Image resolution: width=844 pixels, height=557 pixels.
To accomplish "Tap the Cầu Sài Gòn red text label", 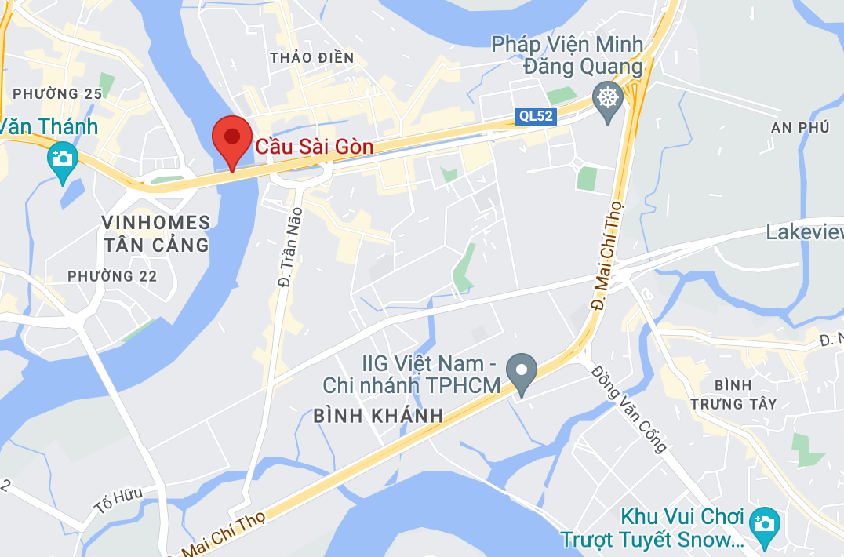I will pyautogui.click(x=315, y=147).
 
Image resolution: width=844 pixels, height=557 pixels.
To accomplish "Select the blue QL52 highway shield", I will pyautogui.click(x=537, y=117).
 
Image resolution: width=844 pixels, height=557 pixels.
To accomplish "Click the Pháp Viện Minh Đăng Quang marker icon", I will pyautogui.click(x=607, y=100).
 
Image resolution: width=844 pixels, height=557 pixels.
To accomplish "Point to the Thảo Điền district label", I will pyautogui.click(x=311, y=58).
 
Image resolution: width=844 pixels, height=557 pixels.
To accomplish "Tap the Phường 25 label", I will pyautogui.click(x=57, y=94).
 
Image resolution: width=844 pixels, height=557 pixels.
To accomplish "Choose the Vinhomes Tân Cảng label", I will pyautogui.click(x=156, y=234).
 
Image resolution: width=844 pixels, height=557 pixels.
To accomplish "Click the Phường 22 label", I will pyautogui.click(x=112, y=276).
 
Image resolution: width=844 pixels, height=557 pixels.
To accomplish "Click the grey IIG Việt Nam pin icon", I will pyautogui.click(x=521, y=370).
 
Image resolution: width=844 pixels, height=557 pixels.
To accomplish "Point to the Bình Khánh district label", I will pyautogui.click(x=379, y=416).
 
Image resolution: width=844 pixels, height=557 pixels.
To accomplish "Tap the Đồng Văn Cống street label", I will pyautogui.click(x=629, y=409).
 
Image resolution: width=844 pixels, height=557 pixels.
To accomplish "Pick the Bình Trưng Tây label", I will pyautogui.click(x=734, y=395).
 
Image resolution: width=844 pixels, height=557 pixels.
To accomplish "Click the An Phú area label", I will pyautogui.click(x=800, y=127).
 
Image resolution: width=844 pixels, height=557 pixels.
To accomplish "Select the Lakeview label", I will pyautogui.click(x=804, y=232).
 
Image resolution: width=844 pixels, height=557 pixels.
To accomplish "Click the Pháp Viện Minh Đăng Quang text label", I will pyautogui.click(x=567, y=55).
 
